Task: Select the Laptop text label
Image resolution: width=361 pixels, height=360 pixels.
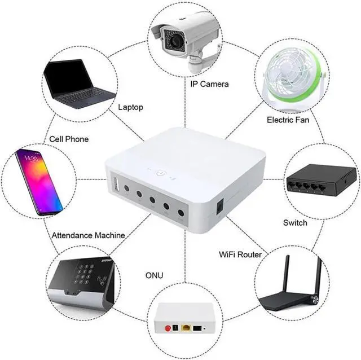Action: coord(130,107)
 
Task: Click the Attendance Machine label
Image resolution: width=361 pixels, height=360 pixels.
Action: coord(88,235)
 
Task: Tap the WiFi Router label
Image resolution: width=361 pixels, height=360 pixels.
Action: coord(240,254)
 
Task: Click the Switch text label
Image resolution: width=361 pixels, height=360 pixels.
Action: coord(295,222)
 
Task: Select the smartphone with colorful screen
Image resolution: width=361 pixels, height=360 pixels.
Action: coord(38,182)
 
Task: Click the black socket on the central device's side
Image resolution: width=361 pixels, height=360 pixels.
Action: coord(219,207)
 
